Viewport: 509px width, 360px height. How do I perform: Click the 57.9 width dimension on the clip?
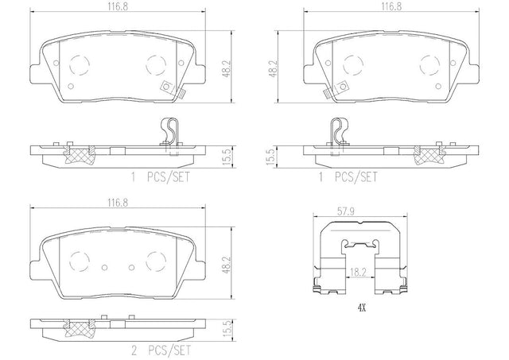pyautogui.click(x=345, y=211)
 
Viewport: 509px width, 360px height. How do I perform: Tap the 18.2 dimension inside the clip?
pyautogui.click(x=358, y=272)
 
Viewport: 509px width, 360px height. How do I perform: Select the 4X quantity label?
pyautogui.click(x=361, y=308)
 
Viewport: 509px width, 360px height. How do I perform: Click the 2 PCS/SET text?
pyautogui.click(x=161, y=350)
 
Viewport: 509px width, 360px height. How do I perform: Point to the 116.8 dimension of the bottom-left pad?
pyautogui.click(x=118, y=203)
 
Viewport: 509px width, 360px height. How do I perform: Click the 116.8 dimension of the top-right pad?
pyautogui.click(x=391, y=7)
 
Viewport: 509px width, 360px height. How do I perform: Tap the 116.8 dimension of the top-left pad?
pyautogui.click(x=118, y=7)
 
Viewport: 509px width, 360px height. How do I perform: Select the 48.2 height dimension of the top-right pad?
pyautogui.click(x=274, y=68)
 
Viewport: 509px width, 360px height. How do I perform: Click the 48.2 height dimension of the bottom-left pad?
pyautogui.click(x=226, y=264)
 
